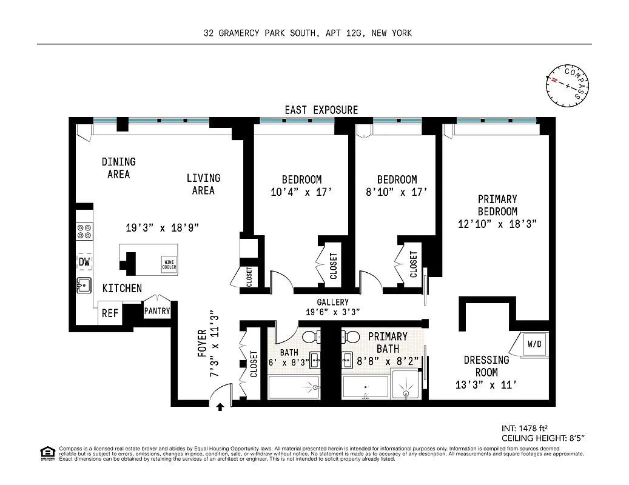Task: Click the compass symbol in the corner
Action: pos(567,85)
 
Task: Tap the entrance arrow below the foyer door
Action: pos(220,407)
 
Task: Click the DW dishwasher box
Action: pos(84,261)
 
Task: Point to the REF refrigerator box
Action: pos(110,313)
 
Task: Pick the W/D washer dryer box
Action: pos(534,344)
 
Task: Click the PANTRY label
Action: pos(157,311)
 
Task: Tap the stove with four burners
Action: pos(84,232)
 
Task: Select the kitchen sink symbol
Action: pos(84,284)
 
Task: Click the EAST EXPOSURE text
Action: pos(321,110)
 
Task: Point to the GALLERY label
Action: pos(332,303)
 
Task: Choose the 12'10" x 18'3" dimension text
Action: pos(497,224)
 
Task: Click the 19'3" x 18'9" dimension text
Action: pos(162,228)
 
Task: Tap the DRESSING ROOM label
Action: pos(486,366)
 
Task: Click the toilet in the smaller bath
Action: pos(311,338)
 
